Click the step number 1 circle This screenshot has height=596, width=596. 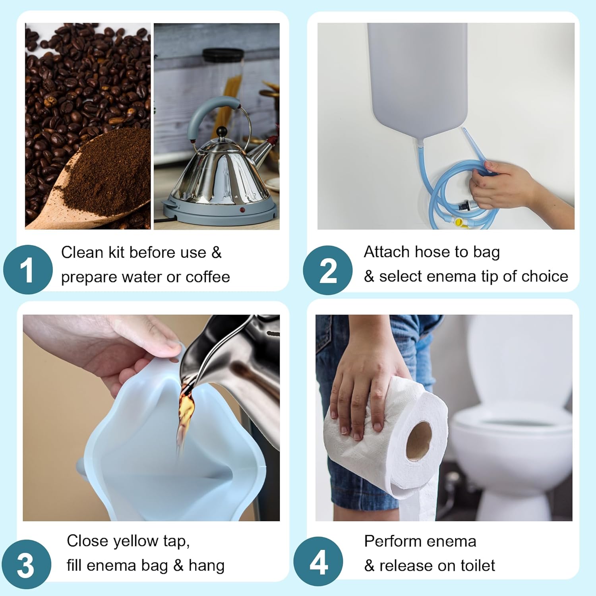point(28,270)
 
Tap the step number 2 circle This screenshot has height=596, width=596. point(327,270)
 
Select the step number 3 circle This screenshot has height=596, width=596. point(26,565)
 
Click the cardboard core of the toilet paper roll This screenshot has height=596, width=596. point(419,441)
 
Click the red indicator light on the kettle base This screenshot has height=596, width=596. point(242,209)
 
